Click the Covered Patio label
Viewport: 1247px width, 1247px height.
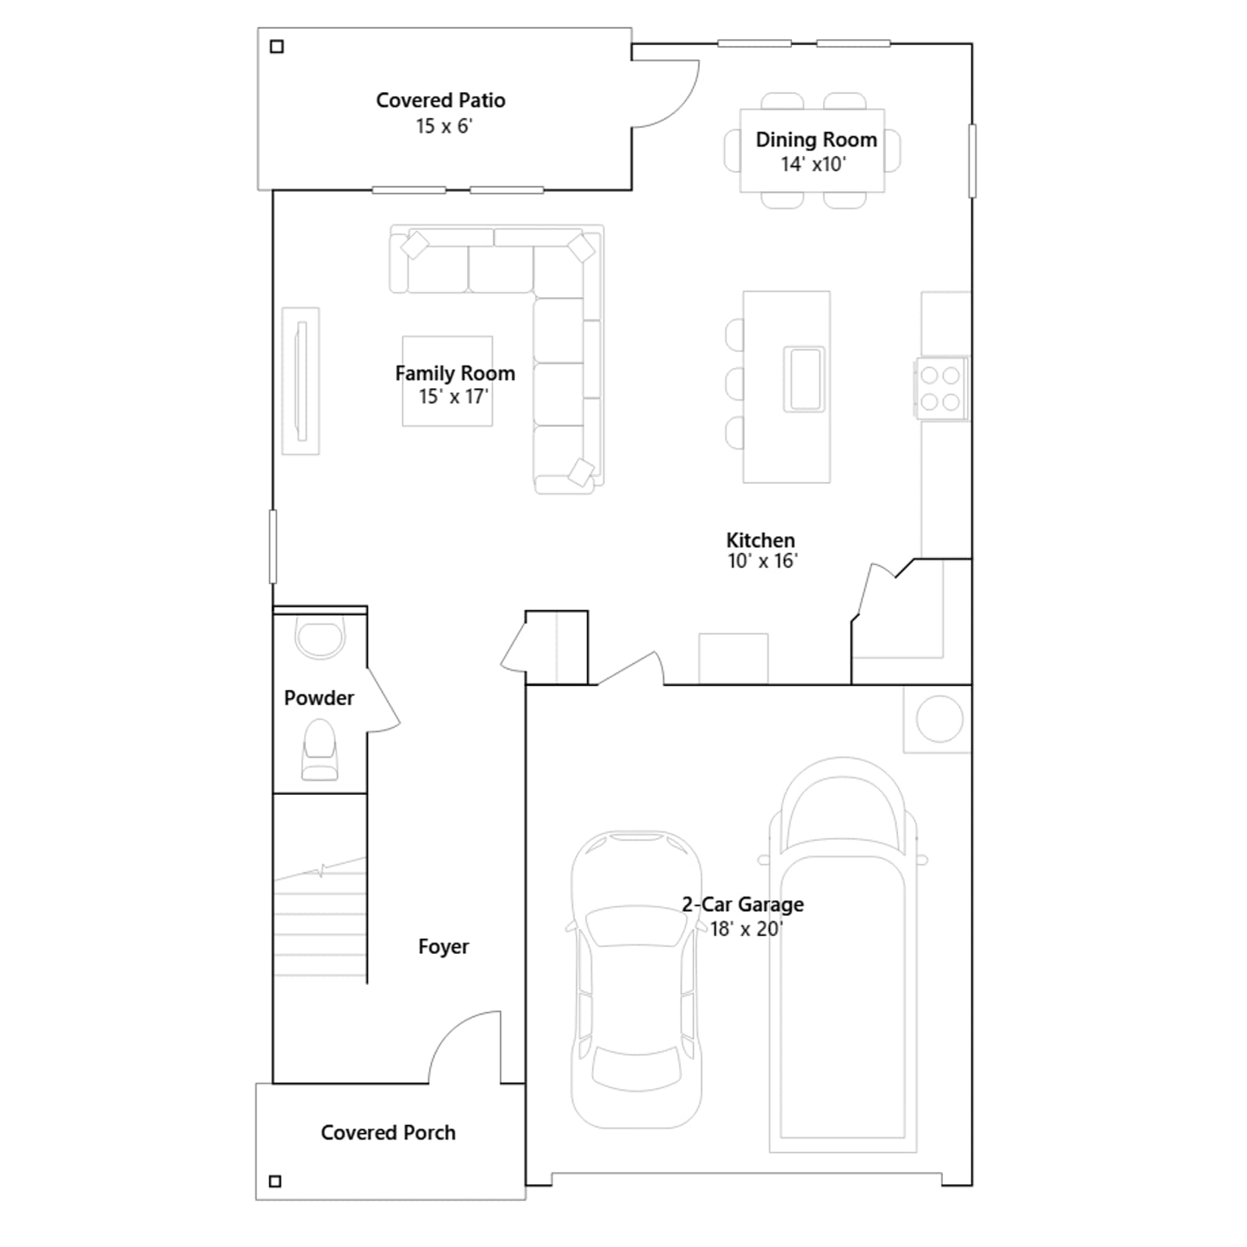(x=440, y=101)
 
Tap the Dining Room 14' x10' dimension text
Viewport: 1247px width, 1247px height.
(x=813, y=164)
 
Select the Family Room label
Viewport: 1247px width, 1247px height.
(x=455, y=373)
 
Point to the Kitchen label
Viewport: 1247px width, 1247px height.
(x=761, y=540)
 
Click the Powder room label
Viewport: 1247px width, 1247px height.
(x=319, y=698)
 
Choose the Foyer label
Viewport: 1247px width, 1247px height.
(x=443, y=946)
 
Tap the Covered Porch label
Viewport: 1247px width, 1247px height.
(x=388, y=1132)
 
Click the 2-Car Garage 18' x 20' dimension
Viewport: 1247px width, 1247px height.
(x=746, y=929)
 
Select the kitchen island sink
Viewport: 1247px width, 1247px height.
(x=804, y=379)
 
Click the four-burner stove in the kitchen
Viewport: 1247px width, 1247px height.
(x=941, y=389)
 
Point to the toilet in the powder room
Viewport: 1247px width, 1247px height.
(x=320, y=750)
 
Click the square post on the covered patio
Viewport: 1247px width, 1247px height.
(x=277, y=47)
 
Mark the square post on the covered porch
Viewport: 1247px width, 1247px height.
(x=275, y=1182)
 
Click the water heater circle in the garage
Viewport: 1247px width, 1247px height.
(x=939, y=719)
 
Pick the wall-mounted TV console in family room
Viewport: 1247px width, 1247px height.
(x=301, y=381)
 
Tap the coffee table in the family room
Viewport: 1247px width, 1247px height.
(x=447, y=381)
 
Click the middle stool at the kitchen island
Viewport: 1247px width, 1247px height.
(x=734, y=383)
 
